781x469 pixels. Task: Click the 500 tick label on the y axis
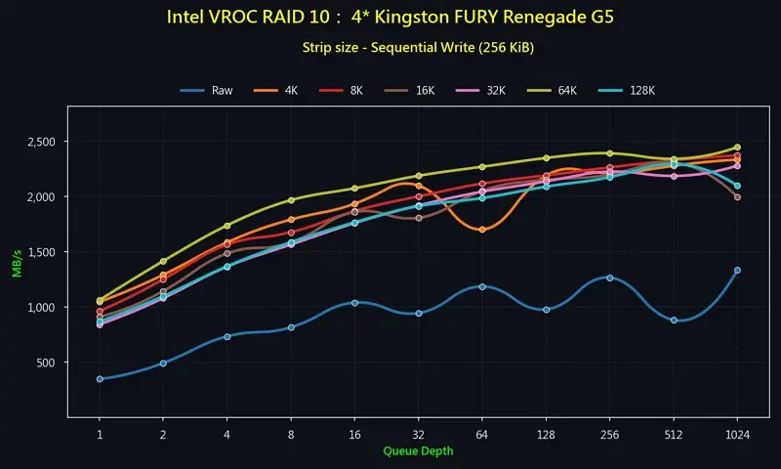[45, 362]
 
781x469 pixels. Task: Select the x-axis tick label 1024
[737, 435]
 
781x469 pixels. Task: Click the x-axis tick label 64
[482, 435]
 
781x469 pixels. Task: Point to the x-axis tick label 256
[609, 435]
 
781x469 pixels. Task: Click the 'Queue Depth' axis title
[418, 451]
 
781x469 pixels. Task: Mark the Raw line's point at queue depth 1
[100, 379]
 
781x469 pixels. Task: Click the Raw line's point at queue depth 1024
[737, 271]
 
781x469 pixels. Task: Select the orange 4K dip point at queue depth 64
[482, 230]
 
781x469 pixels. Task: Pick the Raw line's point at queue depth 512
[674, 320]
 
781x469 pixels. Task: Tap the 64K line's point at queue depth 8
[291, 200]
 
